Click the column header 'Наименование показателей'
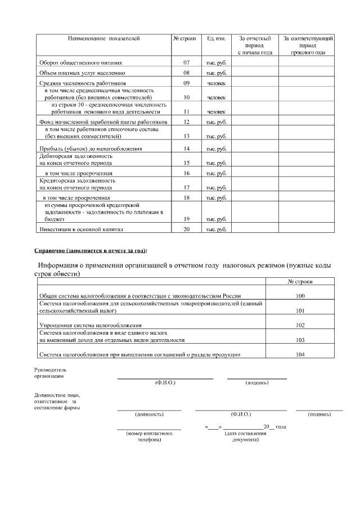tap(103, 39)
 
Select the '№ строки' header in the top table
tap(184, 39)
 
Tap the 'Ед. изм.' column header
tap(216, 39)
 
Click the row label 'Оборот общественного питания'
tap(80, 62)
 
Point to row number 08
tap(186, 73)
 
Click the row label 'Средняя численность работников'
tap(82, 83)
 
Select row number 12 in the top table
tap(186, 121)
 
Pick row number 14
tap(186, 149)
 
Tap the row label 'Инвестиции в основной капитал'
tap(80, 229)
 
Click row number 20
tap(186, 229)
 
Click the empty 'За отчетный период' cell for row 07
tap(255, 62)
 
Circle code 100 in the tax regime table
tap(300, 295)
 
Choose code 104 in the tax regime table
tap(300, 354)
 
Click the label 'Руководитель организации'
tap(50, 373)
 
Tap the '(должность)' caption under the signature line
tap(149, 415)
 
